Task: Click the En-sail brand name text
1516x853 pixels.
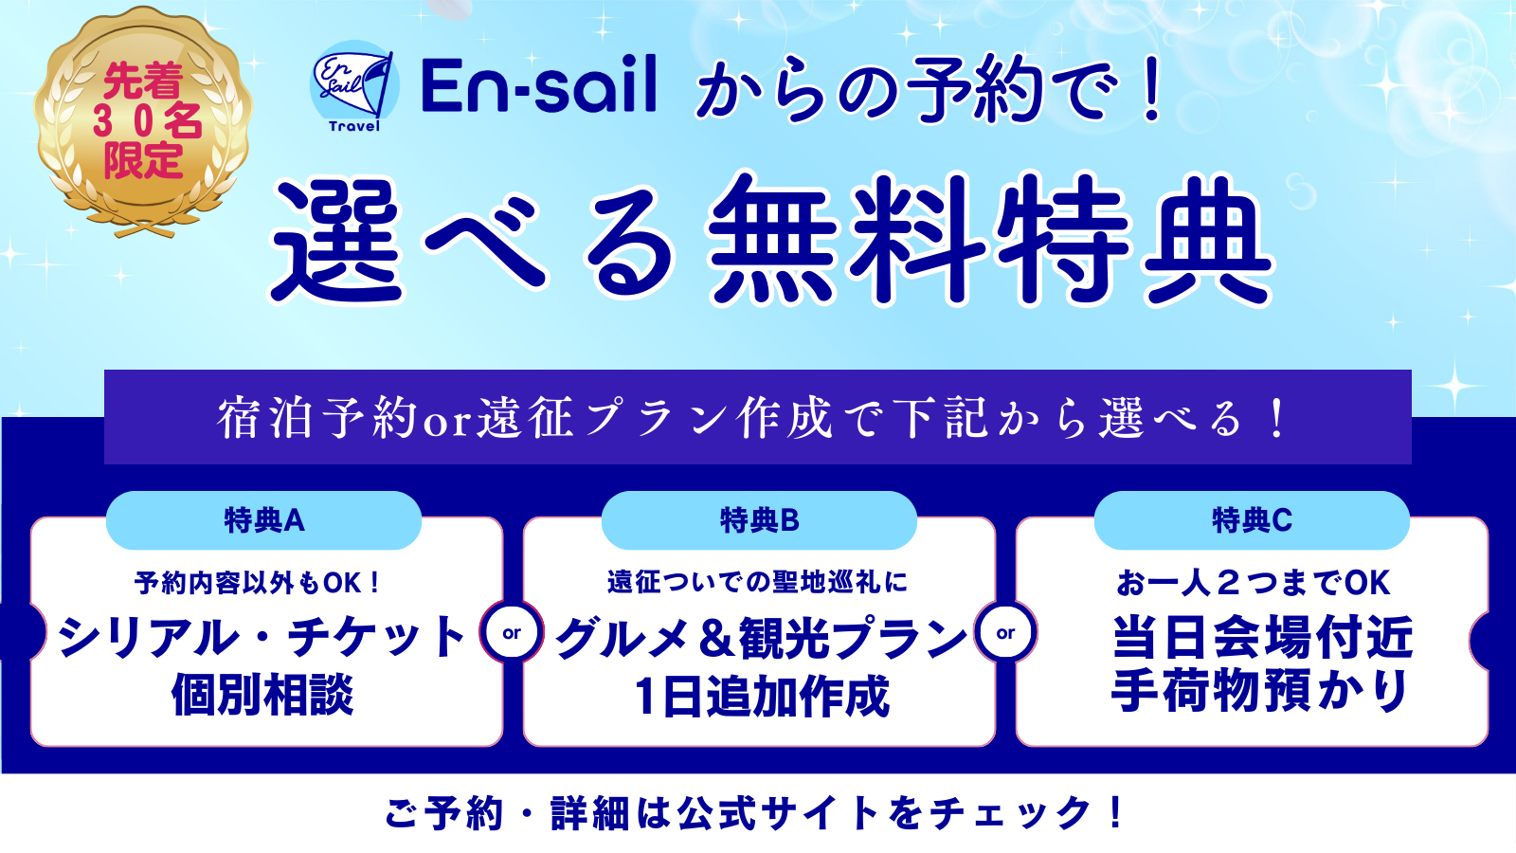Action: click(539, 84)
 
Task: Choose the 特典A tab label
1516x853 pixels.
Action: click(264, 520)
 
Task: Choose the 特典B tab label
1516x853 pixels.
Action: click(759, 520)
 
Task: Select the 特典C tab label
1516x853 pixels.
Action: click(1252, 520)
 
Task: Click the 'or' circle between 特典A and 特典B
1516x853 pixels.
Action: click(512, 632)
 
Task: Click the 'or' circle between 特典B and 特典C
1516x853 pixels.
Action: click(1005, 632)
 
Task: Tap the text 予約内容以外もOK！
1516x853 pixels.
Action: click(259, 583)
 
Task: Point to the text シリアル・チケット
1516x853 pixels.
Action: click(262, 637)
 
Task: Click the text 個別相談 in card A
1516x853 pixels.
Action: click(262, 694)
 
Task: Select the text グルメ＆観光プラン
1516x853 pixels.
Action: click(760, 637)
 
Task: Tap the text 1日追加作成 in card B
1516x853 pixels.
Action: click(762, 697)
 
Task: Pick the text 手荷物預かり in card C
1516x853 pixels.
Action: click(1259, 691)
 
